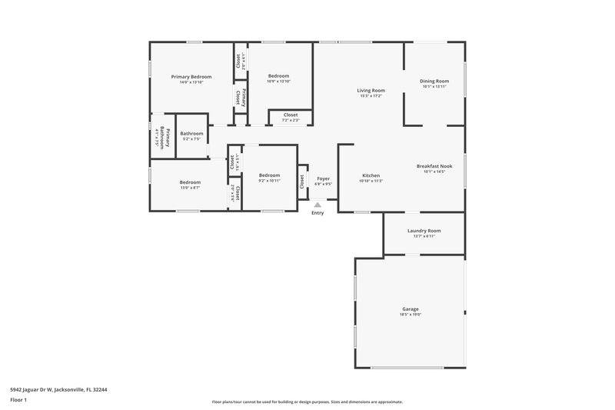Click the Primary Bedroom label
pyautogui.click(x=191, y=76)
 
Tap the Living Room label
pyautogui.click(x=371, y=90)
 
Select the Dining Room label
pyautogui.click(x=434, y=81)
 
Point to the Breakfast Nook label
pyautogui.click(x=434, y=166)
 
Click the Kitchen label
pyautogui.click(x=371, y=175)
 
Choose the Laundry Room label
pyautogui.click(x=424, y=230)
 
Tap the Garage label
pyautogui.click(x=410, y=308)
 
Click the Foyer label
pyautogui.click(x=324, y=178)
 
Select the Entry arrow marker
pyautogui.click(x=317, y=205)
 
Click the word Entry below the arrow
pyautogui.click(x=317, y=213)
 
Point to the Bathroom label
pyautogui.click(x=191, y=133)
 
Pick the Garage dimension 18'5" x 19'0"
pyautogui.click(x=410, y=315)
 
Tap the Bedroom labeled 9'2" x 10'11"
pyautogui.click(x=269, y=175)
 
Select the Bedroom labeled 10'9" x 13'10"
pyautogui.click(x=278, y=75)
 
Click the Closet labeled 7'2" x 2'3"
pyautogui.click(x=291, y=115)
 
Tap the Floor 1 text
pyautogui.click(x=18, y=400)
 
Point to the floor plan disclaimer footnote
pyautogui.click(x=307, y=402)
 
